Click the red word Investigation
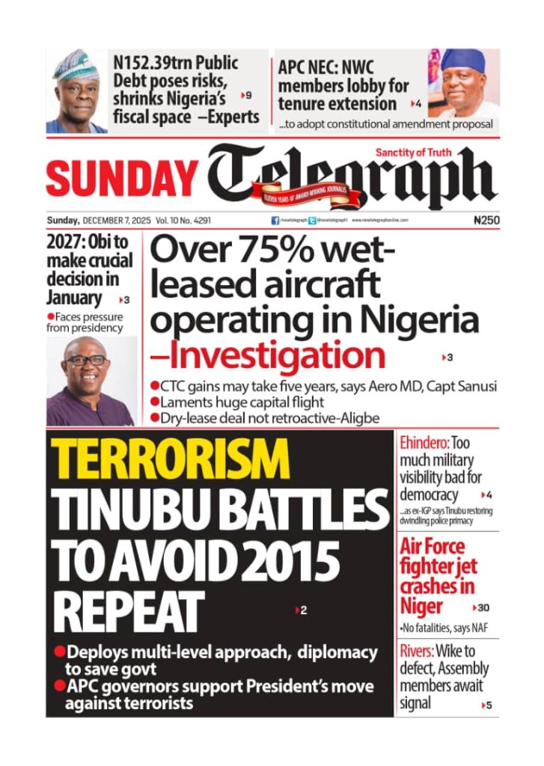tap(276, 355)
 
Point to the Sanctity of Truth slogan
tap(413, 153)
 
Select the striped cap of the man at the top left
tap(76, 64)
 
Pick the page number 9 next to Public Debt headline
tap(248, 96)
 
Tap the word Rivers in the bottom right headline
tap(416, 652)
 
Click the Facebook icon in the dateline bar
tap(275, 221)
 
